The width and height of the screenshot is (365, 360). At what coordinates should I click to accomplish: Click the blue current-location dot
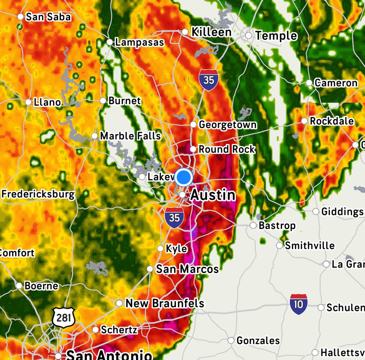183,177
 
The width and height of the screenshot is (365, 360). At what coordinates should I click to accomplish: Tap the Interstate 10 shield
298,304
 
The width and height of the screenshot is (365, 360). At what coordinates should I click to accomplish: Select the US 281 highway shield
63,318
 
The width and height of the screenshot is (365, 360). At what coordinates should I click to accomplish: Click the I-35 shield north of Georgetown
209,80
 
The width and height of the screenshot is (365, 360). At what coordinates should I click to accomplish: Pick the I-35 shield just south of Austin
174,218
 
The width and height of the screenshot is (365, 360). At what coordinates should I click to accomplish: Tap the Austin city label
213,195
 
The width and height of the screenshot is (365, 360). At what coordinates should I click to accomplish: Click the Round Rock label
227,149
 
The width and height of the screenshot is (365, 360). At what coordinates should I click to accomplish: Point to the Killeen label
211,32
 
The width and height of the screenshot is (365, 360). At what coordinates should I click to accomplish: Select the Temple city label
276,36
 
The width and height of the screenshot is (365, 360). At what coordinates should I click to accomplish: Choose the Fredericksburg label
38,194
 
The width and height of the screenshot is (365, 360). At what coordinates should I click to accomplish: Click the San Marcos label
187,269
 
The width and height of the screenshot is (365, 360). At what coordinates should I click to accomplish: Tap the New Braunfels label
165,303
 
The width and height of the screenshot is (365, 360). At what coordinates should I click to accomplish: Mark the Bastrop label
277,225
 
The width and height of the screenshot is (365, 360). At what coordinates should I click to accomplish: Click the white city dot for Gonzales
231,340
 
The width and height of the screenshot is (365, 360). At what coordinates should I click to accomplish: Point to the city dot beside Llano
28,102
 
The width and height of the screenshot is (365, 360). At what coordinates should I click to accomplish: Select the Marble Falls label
130,136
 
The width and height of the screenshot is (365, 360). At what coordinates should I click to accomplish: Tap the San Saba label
48,17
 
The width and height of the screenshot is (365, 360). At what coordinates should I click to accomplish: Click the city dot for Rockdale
304,121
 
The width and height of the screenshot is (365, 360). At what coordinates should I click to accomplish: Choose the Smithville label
309,245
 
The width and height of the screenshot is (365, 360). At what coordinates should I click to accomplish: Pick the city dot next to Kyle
160,249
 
